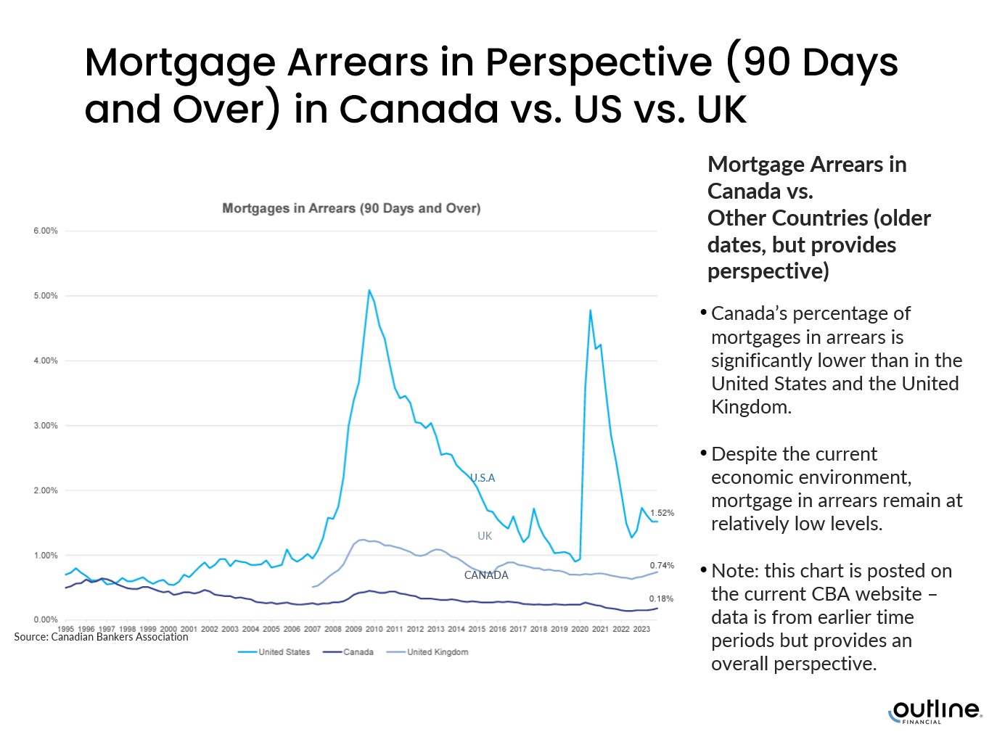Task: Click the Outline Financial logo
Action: click(935, 711)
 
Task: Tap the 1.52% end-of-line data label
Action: click(662, 513)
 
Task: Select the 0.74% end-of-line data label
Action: click(662, 565)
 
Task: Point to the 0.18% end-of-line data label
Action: click(661, 598)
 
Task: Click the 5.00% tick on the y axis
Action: click(45, 296)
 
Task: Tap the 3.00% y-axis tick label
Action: click(45, 426)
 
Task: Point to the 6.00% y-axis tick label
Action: click(45, 231)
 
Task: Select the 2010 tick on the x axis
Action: click(374, 629)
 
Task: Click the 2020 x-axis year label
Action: click(580, 629)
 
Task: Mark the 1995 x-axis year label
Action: click(65, 629)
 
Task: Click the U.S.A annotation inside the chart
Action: click(483, 478)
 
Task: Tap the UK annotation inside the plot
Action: click(485, 536)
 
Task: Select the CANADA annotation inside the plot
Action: click(486, 575)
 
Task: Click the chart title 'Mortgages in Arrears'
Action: click(351, 208)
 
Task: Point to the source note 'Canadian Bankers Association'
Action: click(102, 637)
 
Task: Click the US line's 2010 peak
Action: click(369, 291)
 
